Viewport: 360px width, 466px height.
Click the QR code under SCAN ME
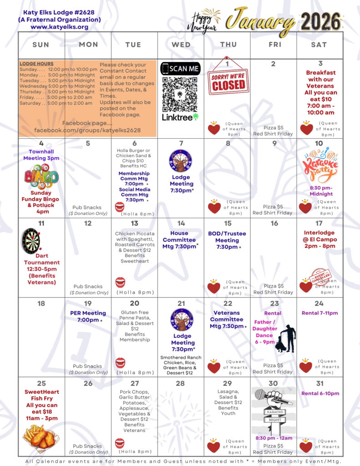180,94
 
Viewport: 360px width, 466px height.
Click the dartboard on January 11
31,241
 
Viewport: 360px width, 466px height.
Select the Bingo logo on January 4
41,177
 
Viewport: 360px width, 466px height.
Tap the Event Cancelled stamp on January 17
320,276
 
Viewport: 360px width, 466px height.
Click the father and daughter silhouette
286,339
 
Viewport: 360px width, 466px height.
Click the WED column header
181,45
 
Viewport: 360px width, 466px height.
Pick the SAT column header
319,45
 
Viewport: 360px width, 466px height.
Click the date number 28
180,383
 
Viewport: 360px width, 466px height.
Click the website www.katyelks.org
60,27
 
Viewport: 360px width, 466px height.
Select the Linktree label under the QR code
180,117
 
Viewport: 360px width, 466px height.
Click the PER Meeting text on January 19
88,313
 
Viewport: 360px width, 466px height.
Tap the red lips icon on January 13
120,283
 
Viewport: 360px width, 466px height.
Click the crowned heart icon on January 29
213,446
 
